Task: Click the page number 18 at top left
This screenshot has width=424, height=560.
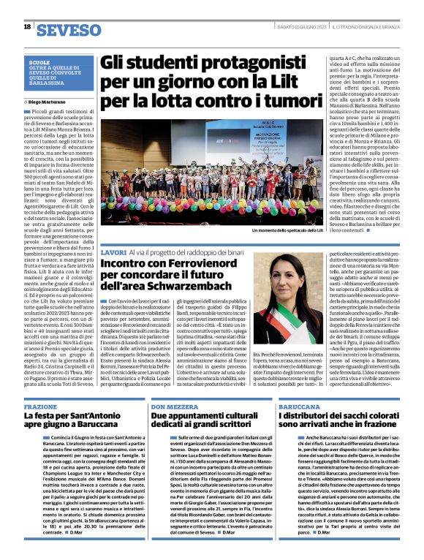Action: pyautogui.click(x=27, y=27)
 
